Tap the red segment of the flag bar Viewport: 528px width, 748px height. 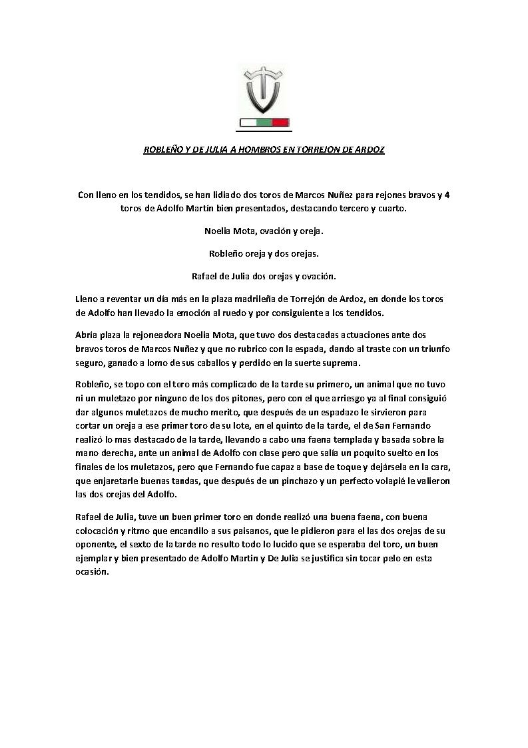[280, 122]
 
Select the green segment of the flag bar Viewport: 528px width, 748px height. [264, 122]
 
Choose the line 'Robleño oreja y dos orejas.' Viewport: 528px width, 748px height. [264, 253]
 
